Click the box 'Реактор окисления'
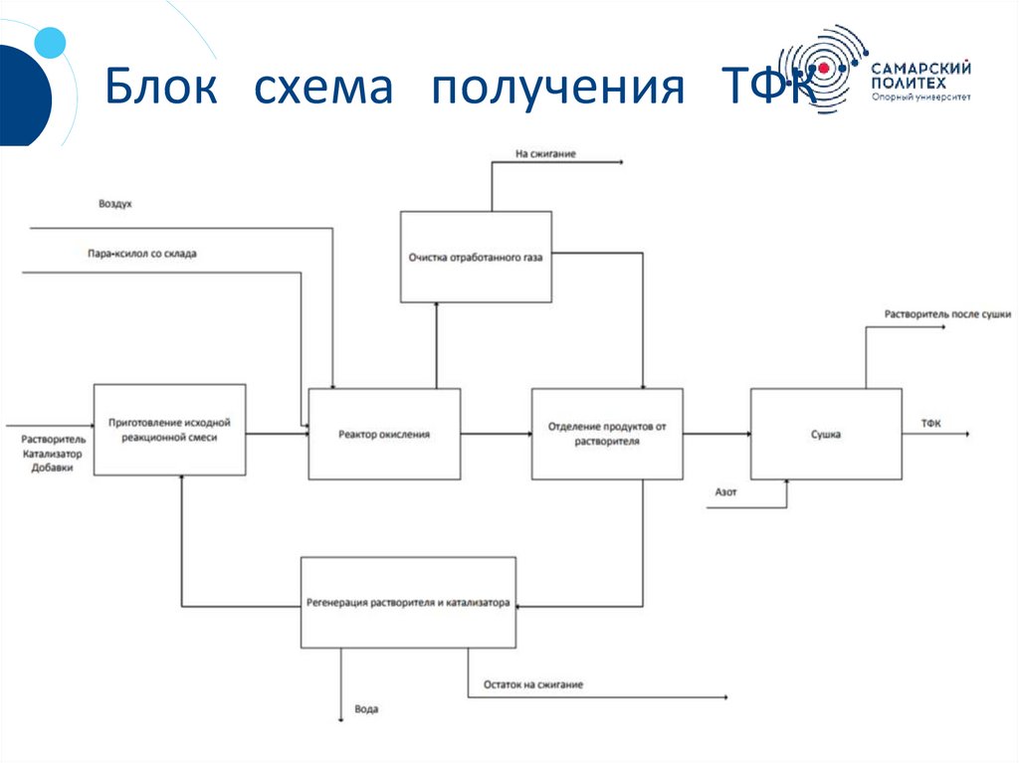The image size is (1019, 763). [x=384, y=434]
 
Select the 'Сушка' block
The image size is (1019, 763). [x=826, y=434]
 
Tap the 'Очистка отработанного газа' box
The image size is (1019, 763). [x=476, y=257]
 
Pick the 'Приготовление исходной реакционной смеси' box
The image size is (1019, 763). [x=169, y=430]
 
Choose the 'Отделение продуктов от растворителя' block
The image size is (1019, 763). [x=607, y=434]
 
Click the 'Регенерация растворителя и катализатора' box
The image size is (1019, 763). [x=407, y=602]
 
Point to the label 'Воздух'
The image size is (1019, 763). [x=115, y=204]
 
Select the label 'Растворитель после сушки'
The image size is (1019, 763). [x=947, y=314]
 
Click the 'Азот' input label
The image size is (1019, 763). [x=725, y=491]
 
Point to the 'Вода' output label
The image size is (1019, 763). [x=366, y=710]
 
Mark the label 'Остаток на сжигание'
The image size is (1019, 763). [x=533, y=684]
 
